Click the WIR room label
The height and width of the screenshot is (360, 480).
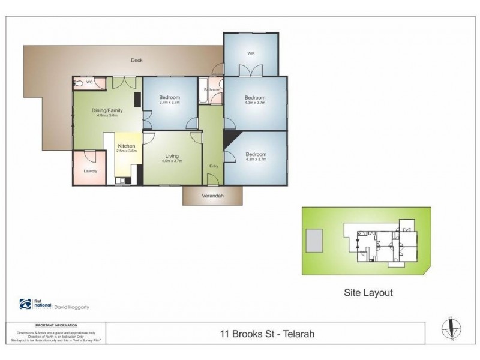point(251,54)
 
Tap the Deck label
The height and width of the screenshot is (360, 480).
point(136,60)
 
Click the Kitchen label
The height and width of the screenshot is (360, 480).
point(126,146)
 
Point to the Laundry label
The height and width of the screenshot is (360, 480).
point(90,170)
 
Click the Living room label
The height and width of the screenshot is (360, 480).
point(172,156)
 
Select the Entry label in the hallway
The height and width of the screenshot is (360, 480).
point(214,166)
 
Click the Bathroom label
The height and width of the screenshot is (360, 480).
point(212,90)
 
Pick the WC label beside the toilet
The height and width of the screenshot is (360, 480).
point(89,82)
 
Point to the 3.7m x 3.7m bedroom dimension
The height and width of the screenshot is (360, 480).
point(170,103)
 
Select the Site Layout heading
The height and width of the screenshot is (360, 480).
point(368,293)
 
